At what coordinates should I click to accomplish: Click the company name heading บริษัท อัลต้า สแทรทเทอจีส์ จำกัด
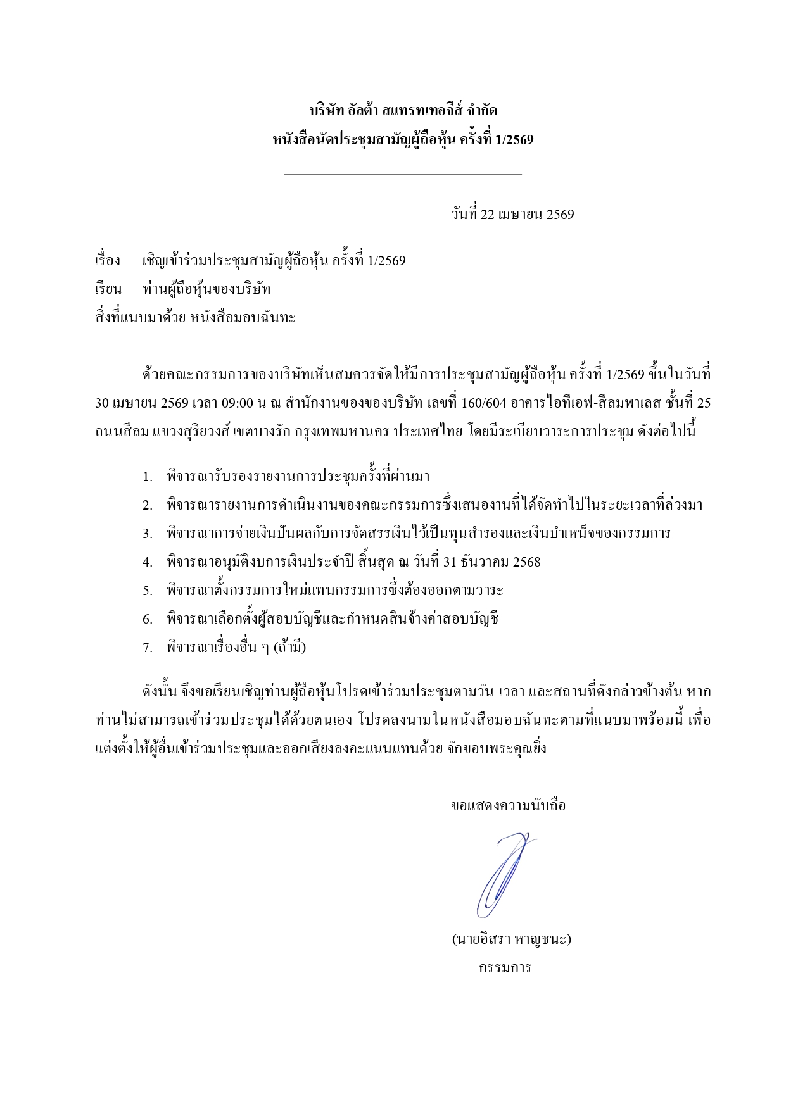(x=403, y=111)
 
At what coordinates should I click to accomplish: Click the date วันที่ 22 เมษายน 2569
(x=512, y=215)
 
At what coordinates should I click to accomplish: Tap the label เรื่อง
(x=107, y=261)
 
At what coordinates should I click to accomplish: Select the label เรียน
(x=108, y=289)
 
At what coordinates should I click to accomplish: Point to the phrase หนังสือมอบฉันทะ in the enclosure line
(x=243, y=318)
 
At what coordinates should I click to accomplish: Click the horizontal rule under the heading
(x=403, y=174)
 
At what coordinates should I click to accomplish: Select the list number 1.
(x=148, y=477)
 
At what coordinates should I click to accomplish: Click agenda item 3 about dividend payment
(x=419, y=534)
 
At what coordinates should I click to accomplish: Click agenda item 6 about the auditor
(x=333, y=619)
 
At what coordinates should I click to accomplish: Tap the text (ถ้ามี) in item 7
(x=289, y=648)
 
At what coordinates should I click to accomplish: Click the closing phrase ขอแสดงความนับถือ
(x=508, y=806)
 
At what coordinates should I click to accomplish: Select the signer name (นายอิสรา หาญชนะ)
(x=511, y=939)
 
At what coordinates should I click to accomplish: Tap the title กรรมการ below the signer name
(x=505, y=967)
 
